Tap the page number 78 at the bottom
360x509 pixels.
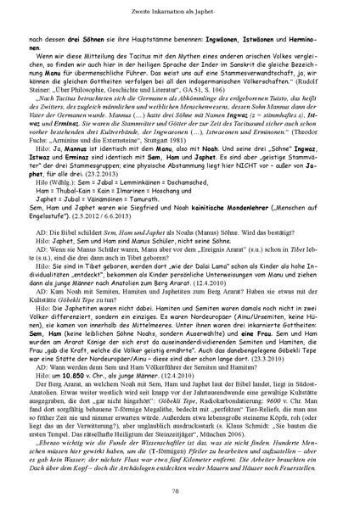pyautogui.click(x=180, y=490)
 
